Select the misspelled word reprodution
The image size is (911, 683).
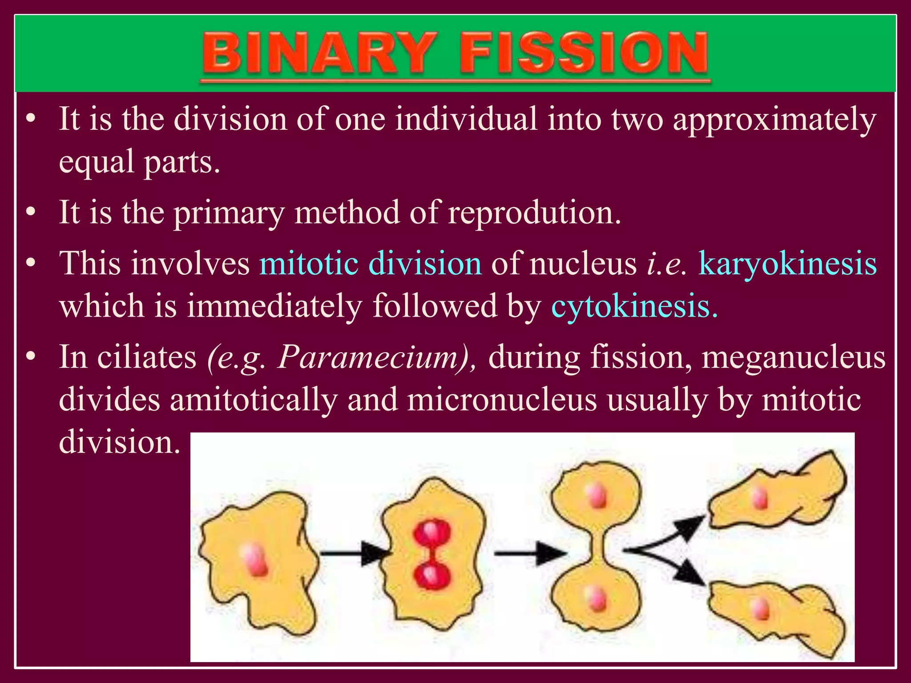click(x=534, y=213)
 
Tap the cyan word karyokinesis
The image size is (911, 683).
click(x=787, y=263)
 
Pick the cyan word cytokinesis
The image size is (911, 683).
click(x=634, y=306)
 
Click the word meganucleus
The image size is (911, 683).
click(x=794, y=357)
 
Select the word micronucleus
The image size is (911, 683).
click(x=502, y=399)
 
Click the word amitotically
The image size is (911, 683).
click(x=254, y=399)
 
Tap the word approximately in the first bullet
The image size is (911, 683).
click(x=774, y=120)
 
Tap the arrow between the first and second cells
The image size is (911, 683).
click(x=354, y=553)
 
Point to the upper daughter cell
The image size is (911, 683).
click(x=776, y=494)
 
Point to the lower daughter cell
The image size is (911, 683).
click(x=776, y=616)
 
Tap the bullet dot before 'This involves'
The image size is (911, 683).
click(x=30, y=263)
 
